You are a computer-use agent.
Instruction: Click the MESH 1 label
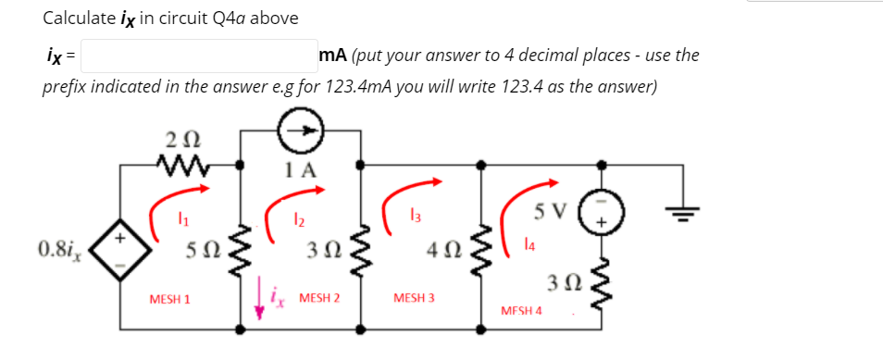coord(169,299)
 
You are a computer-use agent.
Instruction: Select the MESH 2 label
coord(320,298)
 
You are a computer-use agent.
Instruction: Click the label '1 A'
coord(301,169)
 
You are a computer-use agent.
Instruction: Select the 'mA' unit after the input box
coord(331,56)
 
